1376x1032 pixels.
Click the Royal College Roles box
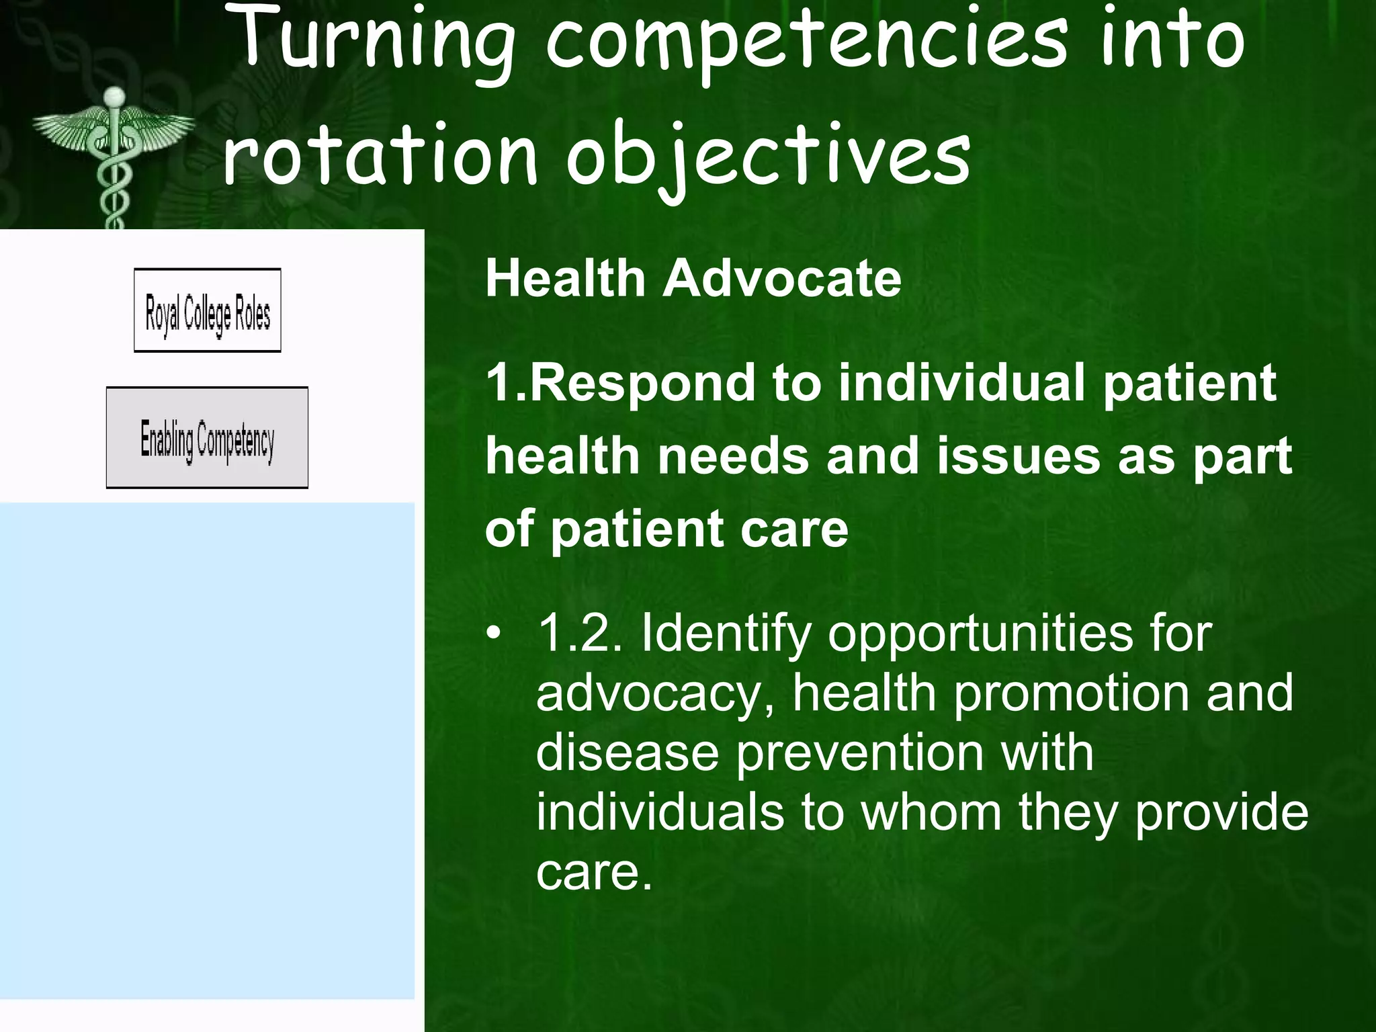click(x=208, y=311)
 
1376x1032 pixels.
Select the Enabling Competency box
click(x=208, y=438)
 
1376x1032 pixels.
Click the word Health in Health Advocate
click(x=565, y=278)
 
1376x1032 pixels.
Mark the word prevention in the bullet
click(x=859, y=752)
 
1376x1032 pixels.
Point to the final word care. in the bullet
click(x=594, y=872)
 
